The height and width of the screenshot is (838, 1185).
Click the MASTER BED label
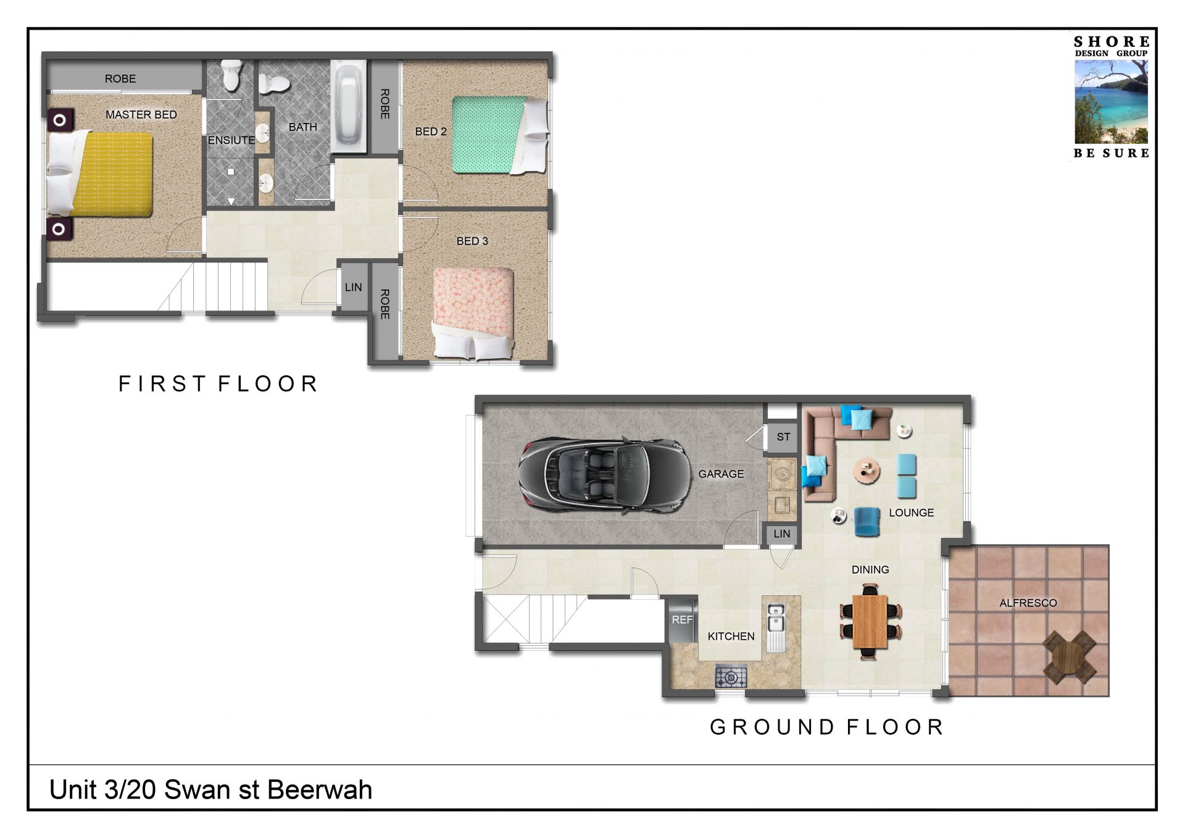pos(141,115)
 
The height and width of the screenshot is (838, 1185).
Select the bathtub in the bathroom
pos(349,107)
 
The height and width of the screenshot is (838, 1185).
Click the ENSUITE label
pos(231,140)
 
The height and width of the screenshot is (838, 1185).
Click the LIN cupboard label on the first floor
pos(354,287)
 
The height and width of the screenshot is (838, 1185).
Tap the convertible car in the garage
pos(605,476)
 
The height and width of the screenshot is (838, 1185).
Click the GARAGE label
pos(721,474)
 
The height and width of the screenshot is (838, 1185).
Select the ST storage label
pos(783,437)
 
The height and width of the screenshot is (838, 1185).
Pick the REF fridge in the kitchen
pos(683,619)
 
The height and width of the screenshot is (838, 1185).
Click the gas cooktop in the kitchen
pos(731,677)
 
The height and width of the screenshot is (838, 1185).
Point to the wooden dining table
pos(870,621)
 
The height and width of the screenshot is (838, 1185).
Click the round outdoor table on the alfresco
pos(1070,656)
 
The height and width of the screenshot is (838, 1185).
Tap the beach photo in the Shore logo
pos(1111,102)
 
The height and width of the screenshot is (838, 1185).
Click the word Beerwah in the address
pos(320,790)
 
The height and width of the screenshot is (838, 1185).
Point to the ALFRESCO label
pos(1028,603)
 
